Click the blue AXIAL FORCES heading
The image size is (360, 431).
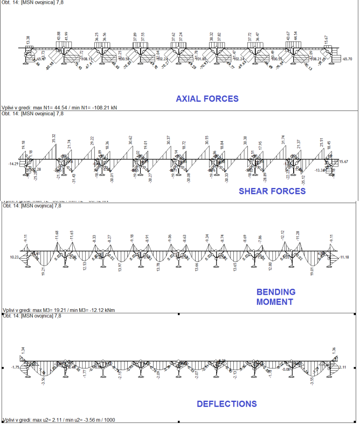pos(207,99)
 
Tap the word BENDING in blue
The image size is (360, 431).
pos(275,291)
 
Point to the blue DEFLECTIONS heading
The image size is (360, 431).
pos(226,404)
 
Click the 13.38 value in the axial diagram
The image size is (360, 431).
pos(28,40)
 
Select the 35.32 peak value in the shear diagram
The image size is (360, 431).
pos(53,138)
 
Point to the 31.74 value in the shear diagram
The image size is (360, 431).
pos(284,140)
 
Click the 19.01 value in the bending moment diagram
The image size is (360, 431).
pos(311,272)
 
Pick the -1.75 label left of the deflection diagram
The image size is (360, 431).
pos(15,367)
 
